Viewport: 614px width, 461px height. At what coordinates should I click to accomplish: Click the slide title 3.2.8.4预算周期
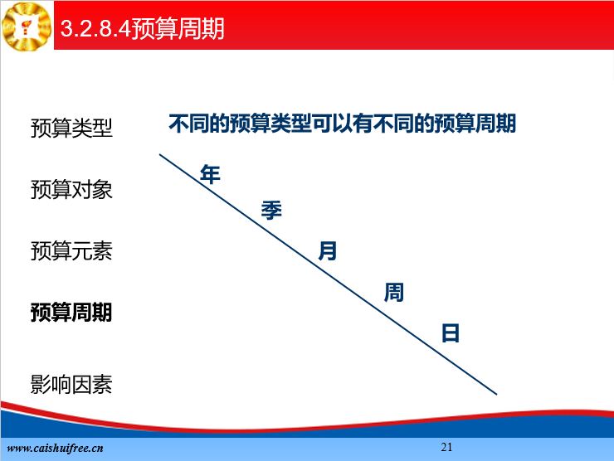[142, 28]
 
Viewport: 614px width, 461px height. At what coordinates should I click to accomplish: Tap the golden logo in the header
[27, 27]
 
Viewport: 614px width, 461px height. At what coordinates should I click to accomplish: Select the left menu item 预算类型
[71, 128]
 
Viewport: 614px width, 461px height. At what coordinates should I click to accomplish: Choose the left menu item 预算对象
[71, 189]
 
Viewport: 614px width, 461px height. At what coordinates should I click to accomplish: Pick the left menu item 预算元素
[71, 251]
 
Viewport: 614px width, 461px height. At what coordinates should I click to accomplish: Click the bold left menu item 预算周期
[71, 313]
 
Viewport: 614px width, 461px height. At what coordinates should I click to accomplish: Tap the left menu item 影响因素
[71, 384]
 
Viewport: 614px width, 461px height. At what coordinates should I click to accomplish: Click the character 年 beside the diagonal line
[210, 174]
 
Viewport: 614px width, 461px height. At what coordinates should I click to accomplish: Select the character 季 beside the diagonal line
[271, 210]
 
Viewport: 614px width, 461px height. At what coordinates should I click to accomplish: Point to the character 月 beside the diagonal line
[328, 250]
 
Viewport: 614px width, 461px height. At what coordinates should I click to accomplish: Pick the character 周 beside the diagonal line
[393, 293]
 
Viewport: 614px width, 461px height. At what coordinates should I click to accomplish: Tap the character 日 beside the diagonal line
[451, 333]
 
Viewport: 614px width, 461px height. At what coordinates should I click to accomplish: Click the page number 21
[446, 447]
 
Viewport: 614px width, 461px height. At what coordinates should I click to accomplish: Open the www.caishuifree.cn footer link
[56, 448]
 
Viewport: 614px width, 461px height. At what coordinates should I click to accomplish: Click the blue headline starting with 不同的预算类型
[342, 124]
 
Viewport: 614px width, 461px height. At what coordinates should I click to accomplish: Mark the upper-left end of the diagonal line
[160, 154]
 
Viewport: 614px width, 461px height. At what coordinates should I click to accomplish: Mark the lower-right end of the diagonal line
[496, 394]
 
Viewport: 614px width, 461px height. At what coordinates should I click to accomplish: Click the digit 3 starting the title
[67, 29]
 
